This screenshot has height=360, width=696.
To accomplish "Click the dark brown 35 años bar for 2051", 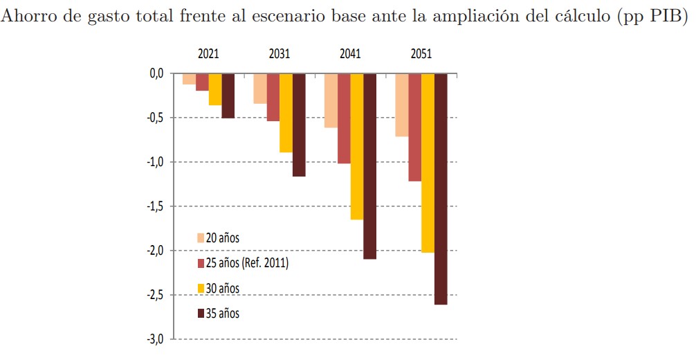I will (441, 188).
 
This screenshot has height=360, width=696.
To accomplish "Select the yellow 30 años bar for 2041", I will (356, 146).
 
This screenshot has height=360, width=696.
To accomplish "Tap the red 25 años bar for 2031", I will (273, 97).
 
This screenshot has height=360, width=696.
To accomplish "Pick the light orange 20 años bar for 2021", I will (189, 79).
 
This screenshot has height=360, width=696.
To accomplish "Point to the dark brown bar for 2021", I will (228, 96).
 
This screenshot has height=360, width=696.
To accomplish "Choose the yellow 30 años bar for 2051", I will (428, 163).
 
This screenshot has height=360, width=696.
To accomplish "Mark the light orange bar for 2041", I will (331, 100).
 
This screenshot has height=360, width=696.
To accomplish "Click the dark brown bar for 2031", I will (299, 125).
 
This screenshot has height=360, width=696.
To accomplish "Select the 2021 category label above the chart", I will (208, 54).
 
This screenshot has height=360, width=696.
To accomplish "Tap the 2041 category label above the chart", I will (350, 54).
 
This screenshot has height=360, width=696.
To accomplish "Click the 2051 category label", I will (421, 54).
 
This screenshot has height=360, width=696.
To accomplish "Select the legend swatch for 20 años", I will (201, 238).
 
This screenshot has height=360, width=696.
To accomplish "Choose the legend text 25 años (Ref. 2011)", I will (247, 263).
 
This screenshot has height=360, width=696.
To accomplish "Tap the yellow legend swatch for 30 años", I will (201, 288).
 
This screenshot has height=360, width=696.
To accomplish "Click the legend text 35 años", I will (223, 314).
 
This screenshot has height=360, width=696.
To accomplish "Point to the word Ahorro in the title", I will (31, 18).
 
